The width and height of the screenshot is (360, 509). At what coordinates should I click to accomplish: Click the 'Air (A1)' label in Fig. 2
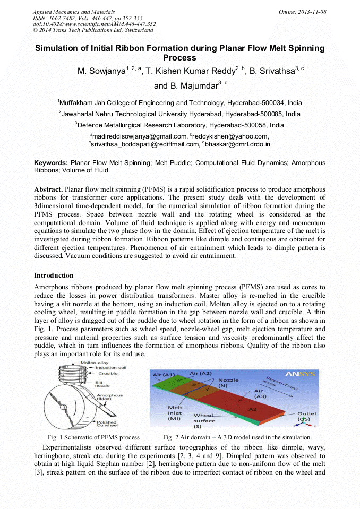164,375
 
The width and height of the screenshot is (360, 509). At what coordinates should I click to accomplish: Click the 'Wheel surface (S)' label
204,421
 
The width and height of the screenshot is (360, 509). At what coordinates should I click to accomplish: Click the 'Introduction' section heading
54,275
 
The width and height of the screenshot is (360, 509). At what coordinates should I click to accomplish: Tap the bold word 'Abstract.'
49,189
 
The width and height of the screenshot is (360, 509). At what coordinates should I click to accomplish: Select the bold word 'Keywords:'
51,163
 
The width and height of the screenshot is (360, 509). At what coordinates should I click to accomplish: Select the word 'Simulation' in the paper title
61,48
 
